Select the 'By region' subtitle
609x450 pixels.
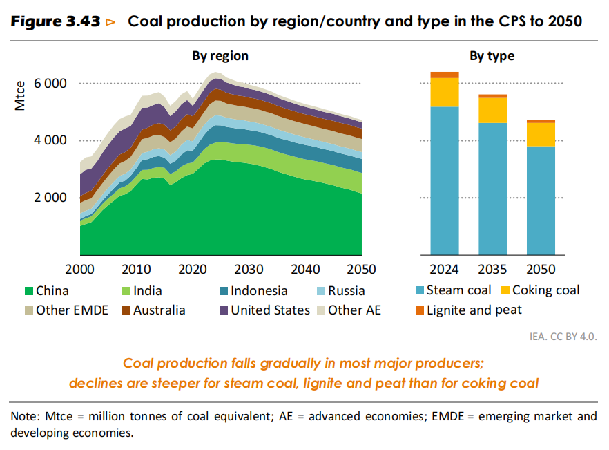220,56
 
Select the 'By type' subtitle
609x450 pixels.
492,56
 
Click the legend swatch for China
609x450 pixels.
28,292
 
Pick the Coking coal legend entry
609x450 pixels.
545,290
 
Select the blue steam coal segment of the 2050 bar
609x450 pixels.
541,200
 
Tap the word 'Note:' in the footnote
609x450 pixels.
26,418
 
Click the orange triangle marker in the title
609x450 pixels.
110,23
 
